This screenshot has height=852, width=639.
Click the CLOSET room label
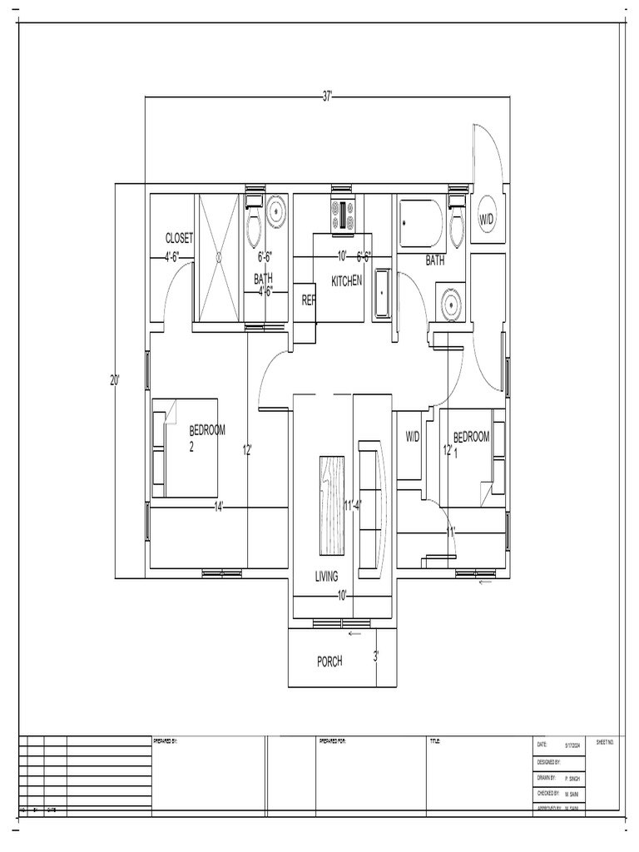point(179,238)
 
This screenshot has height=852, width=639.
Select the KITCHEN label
point(347,281)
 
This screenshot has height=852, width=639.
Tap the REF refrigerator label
point(309,300)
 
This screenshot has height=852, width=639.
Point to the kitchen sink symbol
point(382,294)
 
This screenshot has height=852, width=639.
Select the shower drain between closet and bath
point(220,258)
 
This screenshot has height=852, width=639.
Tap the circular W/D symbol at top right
point(487,219)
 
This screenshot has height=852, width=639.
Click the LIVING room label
point(327,576)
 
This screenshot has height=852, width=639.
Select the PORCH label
point(329,661)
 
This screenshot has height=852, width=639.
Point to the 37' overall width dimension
point(328,97)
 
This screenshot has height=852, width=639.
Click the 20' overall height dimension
point(115,380)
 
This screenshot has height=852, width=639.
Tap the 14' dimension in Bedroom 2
point(218,507)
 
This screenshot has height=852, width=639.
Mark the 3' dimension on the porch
point(376,656)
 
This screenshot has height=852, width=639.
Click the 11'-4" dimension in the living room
point(353,504)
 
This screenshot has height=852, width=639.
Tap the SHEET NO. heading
point(605,741)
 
